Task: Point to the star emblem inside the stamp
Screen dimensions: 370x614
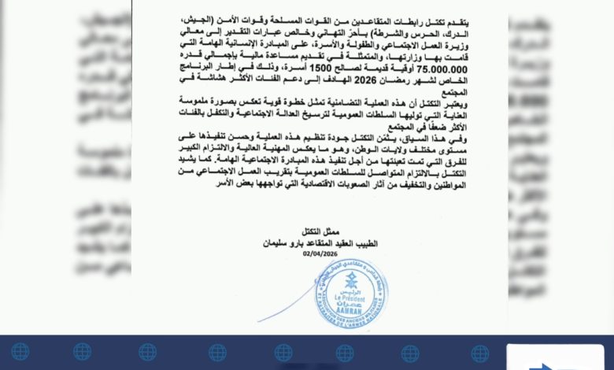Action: coord(351,280)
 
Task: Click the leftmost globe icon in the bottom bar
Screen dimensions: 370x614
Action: coord(20,352)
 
